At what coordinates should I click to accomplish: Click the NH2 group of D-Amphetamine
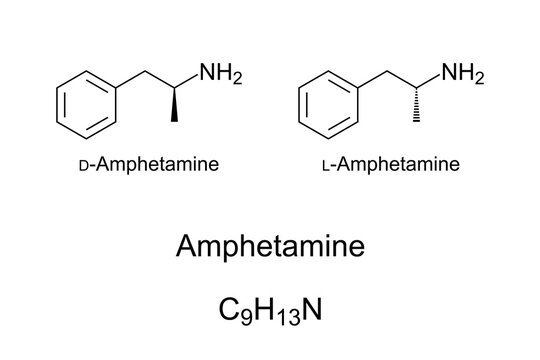point(218,73)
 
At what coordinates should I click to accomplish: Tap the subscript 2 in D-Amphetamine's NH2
point(236,78)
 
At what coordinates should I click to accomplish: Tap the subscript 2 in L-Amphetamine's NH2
point(479,78)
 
